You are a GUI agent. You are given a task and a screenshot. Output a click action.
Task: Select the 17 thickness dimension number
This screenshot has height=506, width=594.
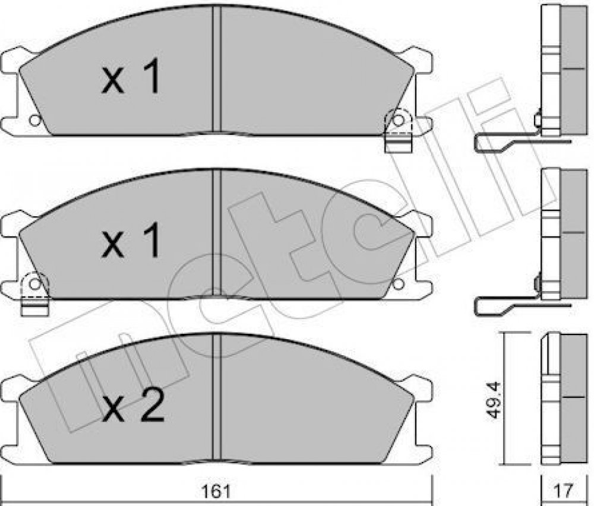pyautogui.click(x=565, y=491)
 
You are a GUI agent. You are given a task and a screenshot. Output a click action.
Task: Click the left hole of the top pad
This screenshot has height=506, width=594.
pyautogui.click(x=35, y=121)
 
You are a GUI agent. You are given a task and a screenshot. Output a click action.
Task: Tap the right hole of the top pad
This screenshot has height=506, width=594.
pyautogui.click(x=398, y=121)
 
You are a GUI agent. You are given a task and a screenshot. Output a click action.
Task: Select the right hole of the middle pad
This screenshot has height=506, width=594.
pyautogui.click(x=398, y=283)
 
